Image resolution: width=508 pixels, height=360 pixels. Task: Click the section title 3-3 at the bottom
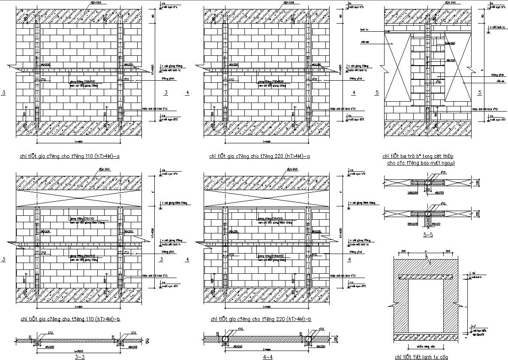coord(79,356)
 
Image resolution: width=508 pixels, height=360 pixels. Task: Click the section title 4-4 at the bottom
coord(268,356)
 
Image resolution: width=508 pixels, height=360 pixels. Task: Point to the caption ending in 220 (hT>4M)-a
coord(260,156)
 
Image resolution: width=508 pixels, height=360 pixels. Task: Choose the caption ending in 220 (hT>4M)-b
coord(261,319)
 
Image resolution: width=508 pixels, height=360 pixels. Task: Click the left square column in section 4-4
coord(225,339)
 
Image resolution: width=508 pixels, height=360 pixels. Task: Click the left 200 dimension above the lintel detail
coord(403,251)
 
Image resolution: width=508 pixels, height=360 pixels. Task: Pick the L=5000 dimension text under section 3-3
coord(79,348)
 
